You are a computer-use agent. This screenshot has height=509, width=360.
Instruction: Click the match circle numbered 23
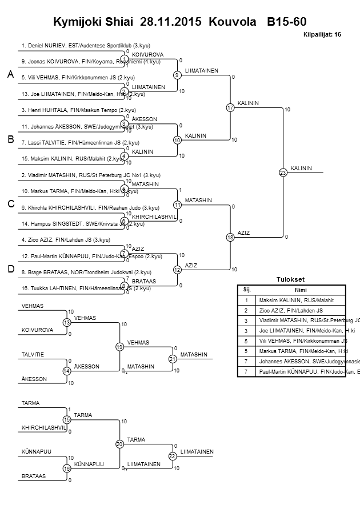(283, 172)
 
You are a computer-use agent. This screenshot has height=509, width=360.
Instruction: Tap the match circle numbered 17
(230, 107)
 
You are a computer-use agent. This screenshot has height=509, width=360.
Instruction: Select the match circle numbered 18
(230, 237)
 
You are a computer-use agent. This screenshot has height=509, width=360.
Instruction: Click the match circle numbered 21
(172, 359)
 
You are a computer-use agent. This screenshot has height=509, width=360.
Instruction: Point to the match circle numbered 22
(172, 456)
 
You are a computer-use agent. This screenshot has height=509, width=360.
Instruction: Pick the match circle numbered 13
(67, 323)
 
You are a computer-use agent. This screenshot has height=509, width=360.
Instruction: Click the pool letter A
(10, 75)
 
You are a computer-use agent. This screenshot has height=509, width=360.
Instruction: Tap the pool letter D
(10, 269)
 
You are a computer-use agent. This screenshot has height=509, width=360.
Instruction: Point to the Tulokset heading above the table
(289, 280)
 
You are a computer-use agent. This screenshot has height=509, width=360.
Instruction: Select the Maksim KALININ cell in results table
(295, 300)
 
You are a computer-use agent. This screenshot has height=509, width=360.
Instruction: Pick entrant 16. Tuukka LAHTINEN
(86, 288)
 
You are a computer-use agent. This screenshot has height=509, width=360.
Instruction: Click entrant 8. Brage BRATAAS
(86, 272)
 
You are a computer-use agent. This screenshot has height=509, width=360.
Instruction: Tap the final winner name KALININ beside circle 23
(301, 168)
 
